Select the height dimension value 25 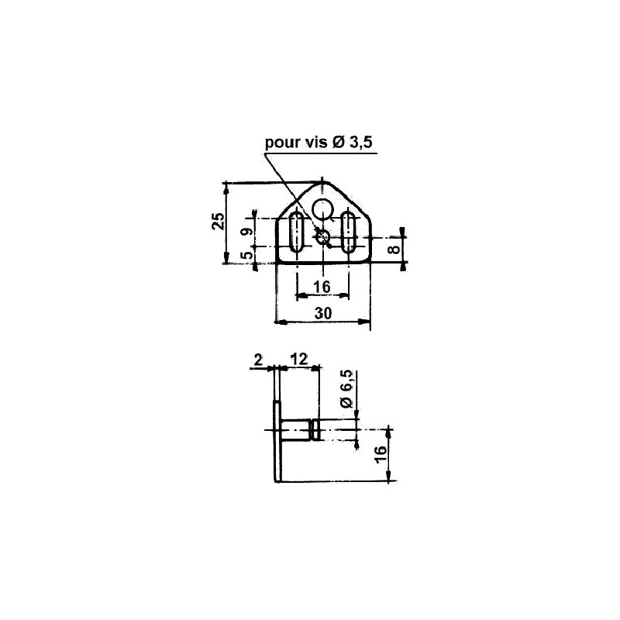point(219,222)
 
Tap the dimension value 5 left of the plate point(246,255)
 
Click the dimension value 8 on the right point(394,249)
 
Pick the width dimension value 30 point(323,312)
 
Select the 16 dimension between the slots point(322,288)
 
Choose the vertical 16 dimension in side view point(380,456)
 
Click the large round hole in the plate point(323,207)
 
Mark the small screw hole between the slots point(323,237)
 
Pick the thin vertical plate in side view point(277,442)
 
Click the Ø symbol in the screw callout point(340,143)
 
